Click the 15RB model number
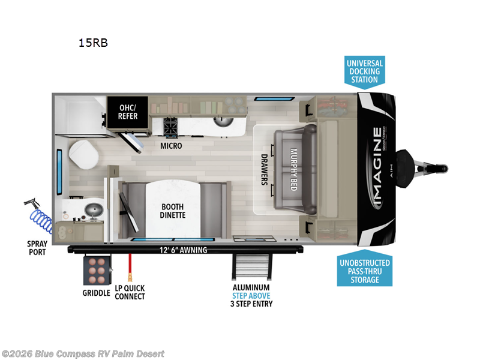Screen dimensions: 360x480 (x=92, y=43)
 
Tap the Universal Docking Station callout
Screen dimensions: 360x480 (x=364, y=71)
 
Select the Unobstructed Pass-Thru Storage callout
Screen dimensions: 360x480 (x=364, y=271)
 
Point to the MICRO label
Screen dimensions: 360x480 (x=171, y=146)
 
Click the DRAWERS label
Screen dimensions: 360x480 (x=264, y=170)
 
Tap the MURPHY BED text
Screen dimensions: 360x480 (x=295, y=169)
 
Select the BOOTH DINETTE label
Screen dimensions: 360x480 (x=173, y=211)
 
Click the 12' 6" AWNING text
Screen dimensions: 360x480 (x=183, y=250)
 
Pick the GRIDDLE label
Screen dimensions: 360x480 (x=96, y=293)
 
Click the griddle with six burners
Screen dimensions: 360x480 (x=97, y=271)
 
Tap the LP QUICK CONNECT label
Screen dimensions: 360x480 (x=130, y=292)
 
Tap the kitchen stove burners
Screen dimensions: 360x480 (x=170, y=127)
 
